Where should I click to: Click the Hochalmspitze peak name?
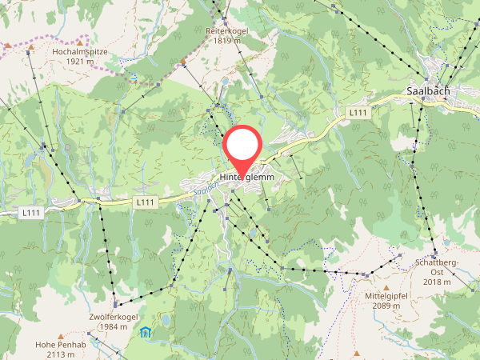pyautogui.click(x=80, y=51)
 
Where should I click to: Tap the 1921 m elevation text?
pyautogui.click(x=80, y=61)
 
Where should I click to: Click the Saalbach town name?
pyautogui.click(x=428, y=91)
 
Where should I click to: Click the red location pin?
pyautogui.click(x=242, y=147)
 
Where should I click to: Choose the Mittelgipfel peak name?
pyautogui.click(x=386, y=297)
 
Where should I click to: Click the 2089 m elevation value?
pyautogui.click(x=386, y=306)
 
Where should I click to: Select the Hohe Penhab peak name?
pyautogui.click(x=61, y=345)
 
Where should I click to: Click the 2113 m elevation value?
pyautogui.click(x=61, y=354)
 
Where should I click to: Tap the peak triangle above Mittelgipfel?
pyautogui.click(x=386, y=287)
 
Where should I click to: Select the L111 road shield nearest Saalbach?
pyautogui.click(x=358, y=114)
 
